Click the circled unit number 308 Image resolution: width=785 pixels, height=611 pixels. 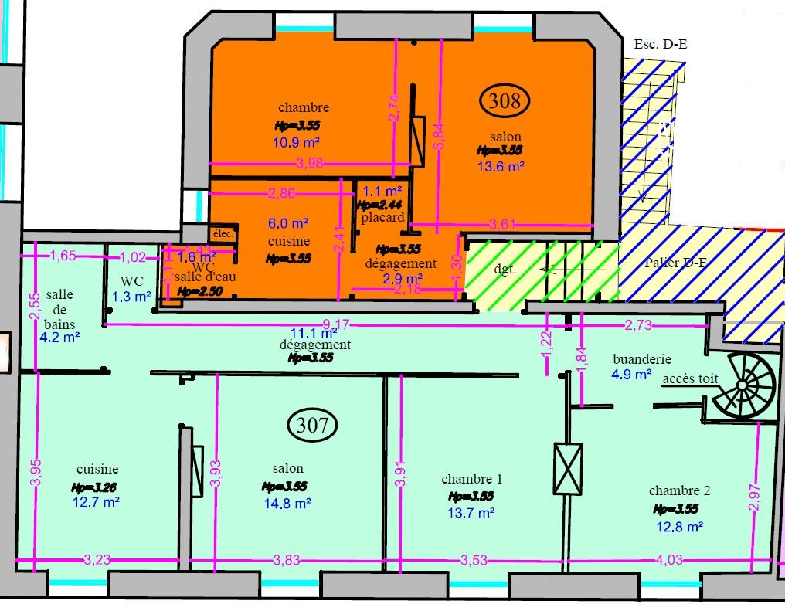tap(506, 99)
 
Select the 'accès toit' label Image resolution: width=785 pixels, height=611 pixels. tap(690, 380)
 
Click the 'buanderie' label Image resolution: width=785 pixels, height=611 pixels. tap(641, 359)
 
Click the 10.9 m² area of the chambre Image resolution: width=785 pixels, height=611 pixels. tap(297, 142)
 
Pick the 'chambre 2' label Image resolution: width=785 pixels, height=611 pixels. tap(679, 490)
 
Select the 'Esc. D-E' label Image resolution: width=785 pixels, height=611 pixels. tap(660, 44)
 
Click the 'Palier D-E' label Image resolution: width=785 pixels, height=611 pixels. tap(676, 263)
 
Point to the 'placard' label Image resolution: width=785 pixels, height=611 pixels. tap(382, 217)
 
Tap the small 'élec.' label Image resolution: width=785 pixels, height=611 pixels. tap(223, 235)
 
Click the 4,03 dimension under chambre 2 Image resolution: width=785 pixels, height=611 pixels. tap(668, 559)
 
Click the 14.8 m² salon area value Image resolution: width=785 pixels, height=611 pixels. tap(287, 504)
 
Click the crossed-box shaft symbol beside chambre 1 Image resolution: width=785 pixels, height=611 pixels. tap(568, 468)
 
